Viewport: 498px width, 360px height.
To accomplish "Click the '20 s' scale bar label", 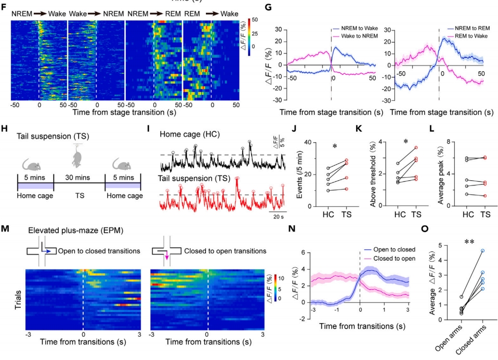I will point(279,217).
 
